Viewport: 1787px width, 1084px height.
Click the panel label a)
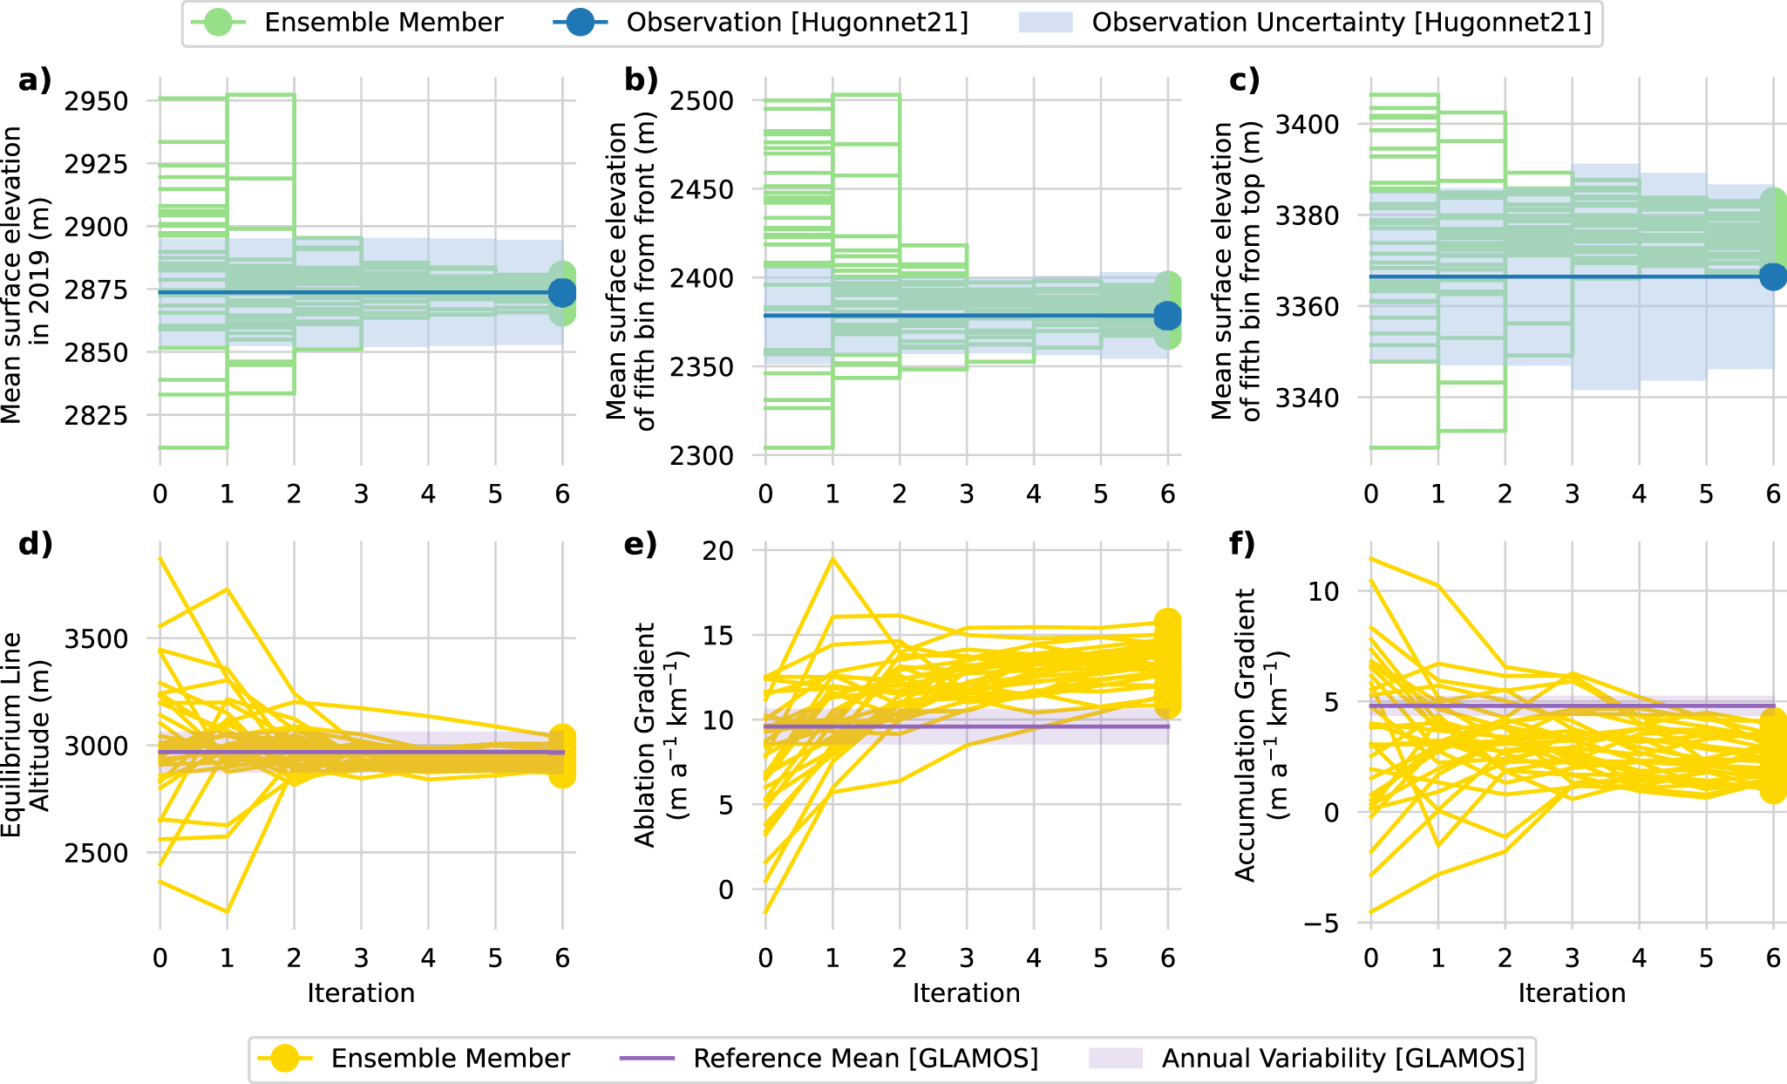[x=35, y=80]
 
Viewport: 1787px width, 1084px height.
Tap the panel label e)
[x=641, y=544]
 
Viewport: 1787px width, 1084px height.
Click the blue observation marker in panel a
[x=562, y=293]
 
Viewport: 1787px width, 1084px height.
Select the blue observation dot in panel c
[x=1773, y=276]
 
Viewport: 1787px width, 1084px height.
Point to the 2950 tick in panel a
[x=97, y=101]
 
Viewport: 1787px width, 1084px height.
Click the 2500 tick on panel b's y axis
[x=702, y=101]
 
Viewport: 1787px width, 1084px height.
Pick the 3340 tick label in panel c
[x=1308, y=398]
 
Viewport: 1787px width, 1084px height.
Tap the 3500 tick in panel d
[x=97, y=638]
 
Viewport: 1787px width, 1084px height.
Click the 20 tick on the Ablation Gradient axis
[x=718, y=550]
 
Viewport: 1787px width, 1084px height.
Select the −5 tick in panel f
[x=1322, y=923]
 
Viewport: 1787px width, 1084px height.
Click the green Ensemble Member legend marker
[x=218, y=23]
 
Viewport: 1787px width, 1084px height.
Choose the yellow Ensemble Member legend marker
[x=285, y=1059]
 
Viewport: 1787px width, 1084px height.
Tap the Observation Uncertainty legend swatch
[x=1045, y=23]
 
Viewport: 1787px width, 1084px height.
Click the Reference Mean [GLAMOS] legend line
[x=647, y=1059]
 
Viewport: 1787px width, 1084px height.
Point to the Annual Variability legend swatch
[x=1115, y=1059]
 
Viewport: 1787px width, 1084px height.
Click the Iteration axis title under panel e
[x=966, y=993]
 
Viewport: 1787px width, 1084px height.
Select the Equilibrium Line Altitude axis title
[x=24, y=734]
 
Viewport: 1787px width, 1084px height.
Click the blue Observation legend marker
[x=580, y=23]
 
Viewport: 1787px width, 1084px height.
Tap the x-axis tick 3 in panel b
[x=967, y=494]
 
